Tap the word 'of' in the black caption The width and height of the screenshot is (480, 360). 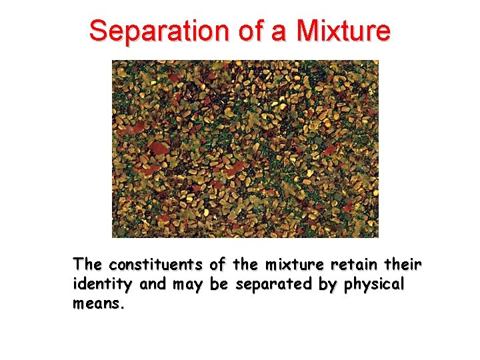pos(219,265)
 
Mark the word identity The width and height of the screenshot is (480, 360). pos(103,285)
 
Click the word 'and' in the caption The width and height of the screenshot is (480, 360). pos(153,285)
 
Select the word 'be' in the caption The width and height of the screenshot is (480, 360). pos(219,285)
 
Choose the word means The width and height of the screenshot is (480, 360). pos(98,304)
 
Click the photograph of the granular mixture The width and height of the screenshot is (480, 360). pos(245,149)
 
